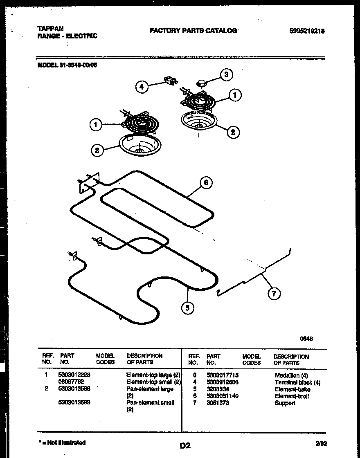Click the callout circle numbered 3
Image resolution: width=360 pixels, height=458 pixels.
226,74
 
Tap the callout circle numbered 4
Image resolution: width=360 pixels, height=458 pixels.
142,87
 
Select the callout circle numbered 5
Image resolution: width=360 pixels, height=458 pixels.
187,308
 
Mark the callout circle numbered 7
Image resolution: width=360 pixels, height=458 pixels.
274,293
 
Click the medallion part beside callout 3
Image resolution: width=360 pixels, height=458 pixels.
202,83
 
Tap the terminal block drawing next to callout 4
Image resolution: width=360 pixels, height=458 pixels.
170,81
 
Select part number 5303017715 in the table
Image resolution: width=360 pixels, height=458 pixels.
223,375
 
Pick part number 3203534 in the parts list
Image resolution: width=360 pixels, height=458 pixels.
218,389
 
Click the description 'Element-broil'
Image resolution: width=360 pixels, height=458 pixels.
292,396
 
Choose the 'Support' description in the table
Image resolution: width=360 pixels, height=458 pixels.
285,403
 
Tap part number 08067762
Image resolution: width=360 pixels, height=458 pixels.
72,382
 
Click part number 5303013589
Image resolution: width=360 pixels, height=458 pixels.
74,402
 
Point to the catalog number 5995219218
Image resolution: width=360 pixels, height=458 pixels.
306,31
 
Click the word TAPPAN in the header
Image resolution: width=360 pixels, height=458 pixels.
50,29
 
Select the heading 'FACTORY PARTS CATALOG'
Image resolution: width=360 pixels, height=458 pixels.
193,31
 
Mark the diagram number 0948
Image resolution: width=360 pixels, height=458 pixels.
306,338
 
